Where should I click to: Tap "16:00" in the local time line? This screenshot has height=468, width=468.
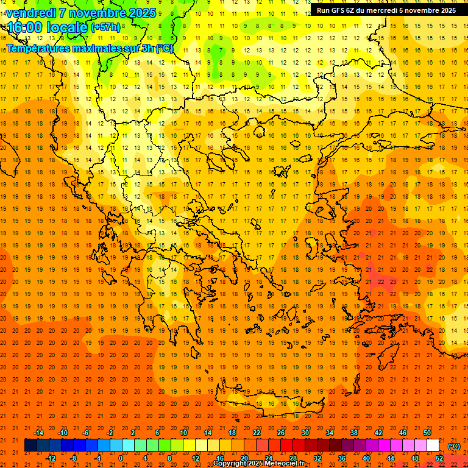(x=24, y=27)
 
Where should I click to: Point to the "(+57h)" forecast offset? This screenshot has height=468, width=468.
(x=105, y=27)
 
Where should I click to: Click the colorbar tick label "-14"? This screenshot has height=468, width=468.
(x=38, y=433)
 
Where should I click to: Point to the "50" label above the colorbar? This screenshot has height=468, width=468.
(x=427, y=433)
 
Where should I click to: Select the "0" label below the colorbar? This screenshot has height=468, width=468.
(x=120, y=458)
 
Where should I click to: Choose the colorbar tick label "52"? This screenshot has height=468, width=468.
(x=439, y=458)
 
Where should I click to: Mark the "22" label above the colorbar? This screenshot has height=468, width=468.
(x=257, y=433)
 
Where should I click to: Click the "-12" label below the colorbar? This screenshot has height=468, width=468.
(x=51, y=458)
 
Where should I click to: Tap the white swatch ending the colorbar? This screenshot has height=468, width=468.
(x=433, y=445)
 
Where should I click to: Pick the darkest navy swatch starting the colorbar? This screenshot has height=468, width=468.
(x=30, y=445)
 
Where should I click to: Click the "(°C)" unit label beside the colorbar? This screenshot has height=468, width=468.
(x=454, y=445)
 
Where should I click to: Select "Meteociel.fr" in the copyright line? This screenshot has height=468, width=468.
(x=283, y=464)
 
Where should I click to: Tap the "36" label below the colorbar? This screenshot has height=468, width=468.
(x=342, y=458)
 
